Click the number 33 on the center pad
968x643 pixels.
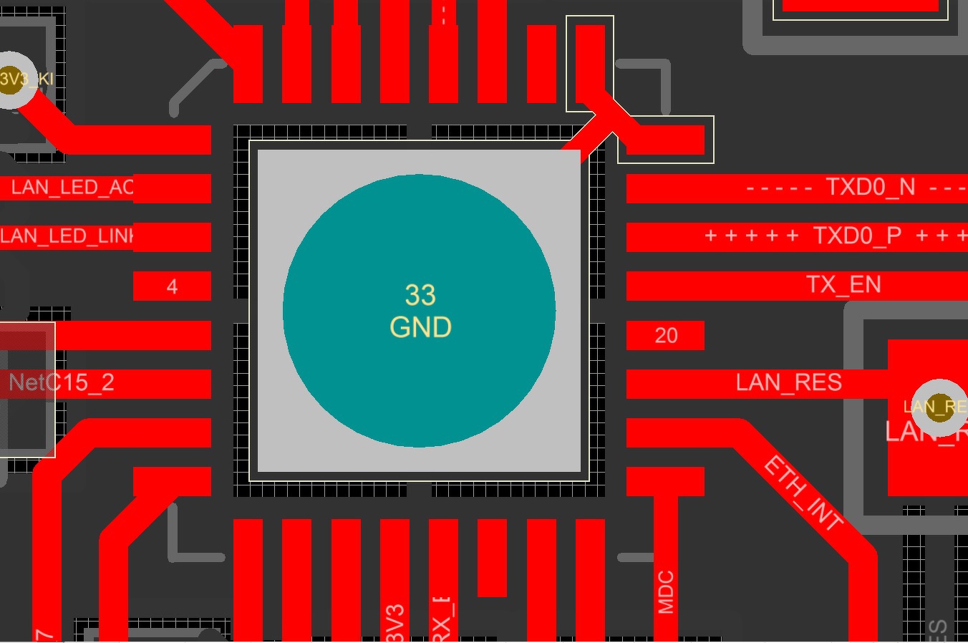click(x=420, y=295)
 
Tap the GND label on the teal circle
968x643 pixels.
click(x=420, y=327)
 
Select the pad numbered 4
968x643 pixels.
click(x=172, y=286)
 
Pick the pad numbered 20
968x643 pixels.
click(x=666, y=335)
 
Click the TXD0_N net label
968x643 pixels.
click(x=870, y=188)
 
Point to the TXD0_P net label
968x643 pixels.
click(x=857, y=236)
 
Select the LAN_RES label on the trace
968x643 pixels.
click(x=788, y=382)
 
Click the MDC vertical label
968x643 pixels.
click(x=666, y=592)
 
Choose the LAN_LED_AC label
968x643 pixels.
click(x=72, y=188)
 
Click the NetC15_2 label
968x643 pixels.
click(x=62, y=382)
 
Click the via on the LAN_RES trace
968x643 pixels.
click(x=939, y=407)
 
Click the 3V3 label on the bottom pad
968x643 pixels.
click(x=395, y=623)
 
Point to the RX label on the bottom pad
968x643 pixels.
click(x=442, y=620)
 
